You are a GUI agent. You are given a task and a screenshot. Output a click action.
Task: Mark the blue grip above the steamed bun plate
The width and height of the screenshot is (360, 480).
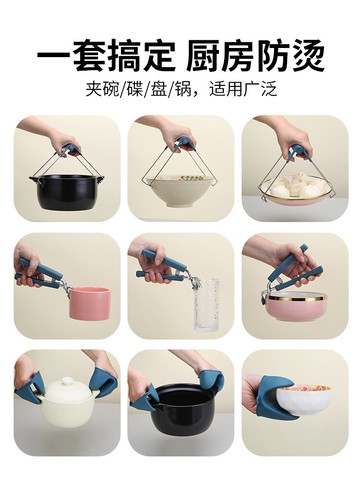tap(297, 153)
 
